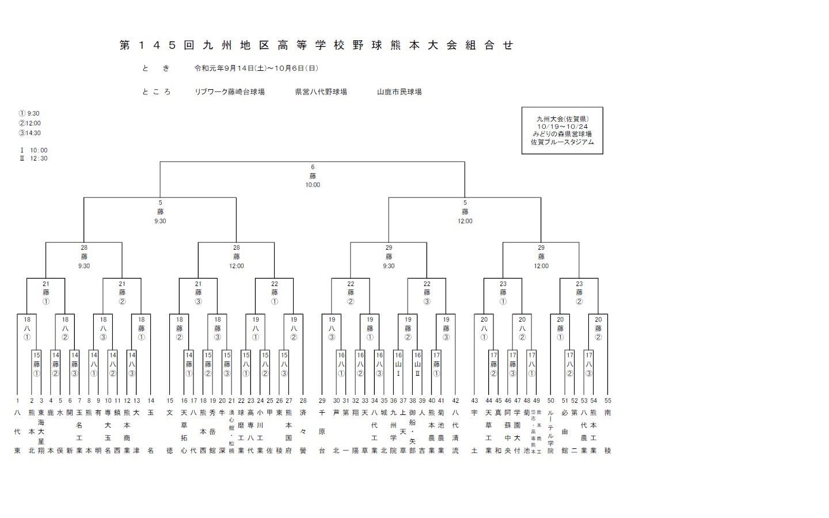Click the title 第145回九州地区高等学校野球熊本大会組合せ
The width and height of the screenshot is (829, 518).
coord(316,45)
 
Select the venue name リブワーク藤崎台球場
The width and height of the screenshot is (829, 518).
coord(230,92)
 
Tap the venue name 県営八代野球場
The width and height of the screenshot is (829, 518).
coord(321,92)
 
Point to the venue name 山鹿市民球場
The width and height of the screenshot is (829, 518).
coord(399,92)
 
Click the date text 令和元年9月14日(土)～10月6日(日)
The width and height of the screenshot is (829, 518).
coord(256,68)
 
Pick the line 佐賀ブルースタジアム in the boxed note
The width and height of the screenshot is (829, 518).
coord(562,142)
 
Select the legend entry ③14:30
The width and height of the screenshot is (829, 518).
coord(30,133)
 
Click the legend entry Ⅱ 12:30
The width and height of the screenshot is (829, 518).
coord(34,159)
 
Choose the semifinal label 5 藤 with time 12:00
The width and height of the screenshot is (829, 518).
coord(465,212)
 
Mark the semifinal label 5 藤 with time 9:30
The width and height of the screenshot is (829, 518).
coord(160,212)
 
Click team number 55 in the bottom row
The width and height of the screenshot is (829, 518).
coord(608,401)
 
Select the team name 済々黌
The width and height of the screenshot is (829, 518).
coord(303,432)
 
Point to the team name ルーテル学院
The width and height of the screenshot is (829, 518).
coord(551,432)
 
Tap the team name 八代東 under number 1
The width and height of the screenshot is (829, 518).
coord(17,432)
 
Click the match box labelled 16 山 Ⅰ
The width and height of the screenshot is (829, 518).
coord(398,364)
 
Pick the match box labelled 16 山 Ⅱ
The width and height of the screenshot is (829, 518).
coord(417,364)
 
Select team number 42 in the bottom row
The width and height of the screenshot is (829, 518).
coord(455,401)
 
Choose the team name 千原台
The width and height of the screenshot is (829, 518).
coord(322,432)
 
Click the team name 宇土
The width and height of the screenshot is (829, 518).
coord(474,432)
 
